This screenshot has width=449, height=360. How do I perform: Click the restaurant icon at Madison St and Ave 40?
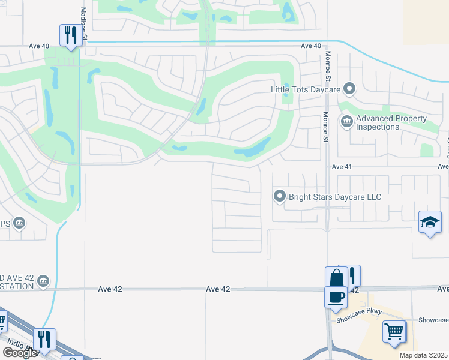pos(71,36)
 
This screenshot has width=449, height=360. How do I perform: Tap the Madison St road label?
pos(83,25)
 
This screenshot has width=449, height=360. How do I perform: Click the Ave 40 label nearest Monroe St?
pos(311,46)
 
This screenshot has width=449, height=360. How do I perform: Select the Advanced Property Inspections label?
pos(385,122)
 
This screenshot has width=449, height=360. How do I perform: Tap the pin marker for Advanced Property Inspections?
pos(346,122)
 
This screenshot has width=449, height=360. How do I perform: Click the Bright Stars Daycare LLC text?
pos(335,197)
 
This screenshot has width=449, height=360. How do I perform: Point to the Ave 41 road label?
pos(342,167)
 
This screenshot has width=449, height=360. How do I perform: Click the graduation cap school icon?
pos(430,223)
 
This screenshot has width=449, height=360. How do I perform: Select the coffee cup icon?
pos(336,297)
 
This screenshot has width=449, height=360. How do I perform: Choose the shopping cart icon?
pos(394,331)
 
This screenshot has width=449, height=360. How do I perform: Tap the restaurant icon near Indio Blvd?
pos(45,340)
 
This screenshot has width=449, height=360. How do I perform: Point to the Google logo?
pos(20,353)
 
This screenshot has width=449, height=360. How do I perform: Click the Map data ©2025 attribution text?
pos(423,355)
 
